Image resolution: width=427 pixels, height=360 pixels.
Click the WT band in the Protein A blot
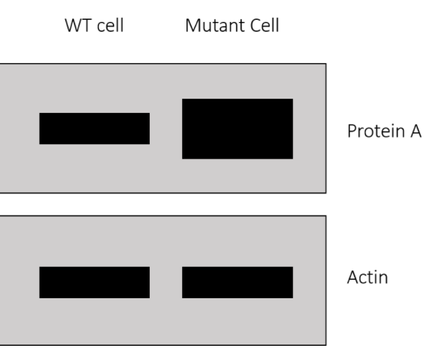(94, 129)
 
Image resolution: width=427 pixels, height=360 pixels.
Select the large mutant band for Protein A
(238, 129)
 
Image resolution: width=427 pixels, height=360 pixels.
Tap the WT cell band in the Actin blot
(94, 283)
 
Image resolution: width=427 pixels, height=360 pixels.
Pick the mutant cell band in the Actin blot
(238, 283)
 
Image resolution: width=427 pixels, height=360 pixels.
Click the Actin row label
(367, 276)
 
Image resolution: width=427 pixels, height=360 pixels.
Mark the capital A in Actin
(353, 276)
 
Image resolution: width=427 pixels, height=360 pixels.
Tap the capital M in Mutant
(191, 28)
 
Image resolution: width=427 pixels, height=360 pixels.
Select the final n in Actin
(384, 278)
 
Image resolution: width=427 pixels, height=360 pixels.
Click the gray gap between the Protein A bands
(166, 129)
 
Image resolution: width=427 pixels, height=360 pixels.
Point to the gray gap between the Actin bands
(166, 283)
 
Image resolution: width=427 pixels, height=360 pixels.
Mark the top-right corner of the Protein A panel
(326, 64)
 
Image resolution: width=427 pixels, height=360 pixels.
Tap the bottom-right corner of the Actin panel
(326, 345)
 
